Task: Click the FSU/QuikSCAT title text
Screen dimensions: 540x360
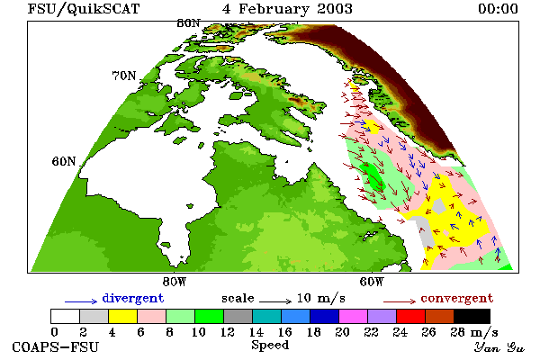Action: click(84, 9)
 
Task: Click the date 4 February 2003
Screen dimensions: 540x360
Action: click(287, 9)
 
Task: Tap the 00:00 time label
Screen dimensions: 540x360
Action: click(498, 9)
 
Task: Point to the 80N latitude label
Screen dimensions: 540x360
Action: click(188, 23)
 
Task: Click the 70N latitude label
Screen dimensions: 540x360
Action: click(124, 76)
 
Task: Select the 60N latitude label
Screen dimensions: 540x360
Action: click(64, 161)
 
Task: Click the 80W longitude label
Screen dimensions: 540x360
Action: click(175, 282)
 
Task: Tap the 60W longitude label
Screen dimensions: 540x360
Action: click(372, 282)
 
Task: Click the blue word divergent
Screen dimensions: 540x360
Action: click(133, 299)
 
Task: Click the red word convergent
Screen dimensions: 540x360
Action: click(457, 298)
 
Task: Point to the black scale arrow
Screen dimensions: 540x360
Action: click(275, 301)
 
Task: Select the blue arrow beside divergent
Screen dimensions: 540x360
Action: click(81, 301)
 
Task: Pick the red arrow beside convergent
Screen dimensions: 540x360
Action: click(400, 301)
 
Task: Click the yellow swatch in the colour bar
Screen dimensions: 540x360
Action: click(123, 316)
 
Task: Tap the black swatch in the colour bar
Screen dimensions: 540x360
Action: click(472, 316)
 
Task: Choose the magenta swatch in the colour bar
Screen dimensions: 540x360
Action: click(354, 316)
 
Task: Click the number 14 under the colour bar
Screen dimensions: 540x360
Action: click(256, 332)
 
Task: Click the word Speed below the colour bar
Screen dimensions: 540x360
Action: click(270, 346)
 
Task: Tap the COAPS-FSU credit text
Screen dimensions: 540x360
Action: click(56, 347)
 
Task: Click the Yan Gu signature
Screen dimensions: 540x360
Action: click(499, 347)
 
